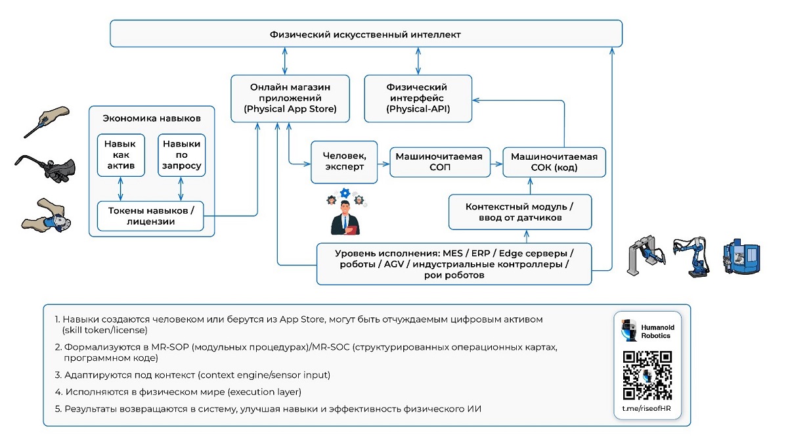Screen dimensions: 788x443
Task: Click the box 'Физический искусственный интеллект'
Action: pos(366,34)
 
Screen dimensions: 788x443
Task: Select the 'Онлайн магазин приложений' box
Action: pos(290,99)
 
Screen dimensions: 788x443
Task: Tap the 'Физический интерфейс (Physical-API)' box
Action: pos(418,99)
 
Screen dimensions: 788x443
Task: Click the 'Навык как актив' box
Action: pos(121,155)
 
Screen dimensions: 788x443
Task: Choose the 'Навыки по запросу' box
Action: pos(181,155)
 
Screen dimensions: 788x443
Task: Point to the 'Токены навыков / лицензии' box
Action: pos(150,216)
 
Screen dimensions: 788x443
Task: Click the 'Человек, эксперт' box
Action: pos(344,162)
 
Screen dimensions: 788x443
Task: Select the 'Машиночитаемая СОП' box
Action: pos(440,162)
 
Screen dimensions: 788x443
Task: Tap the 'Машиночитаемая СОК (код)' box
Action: pos(554,162)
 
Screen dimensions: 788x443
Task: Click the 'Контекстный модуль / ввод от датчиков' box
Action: pos(520,212)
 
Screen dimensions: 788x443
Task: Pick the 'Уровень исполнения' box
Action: pos(454,264)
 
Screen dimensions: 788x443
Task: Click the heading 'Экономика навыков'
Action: pos(152,118)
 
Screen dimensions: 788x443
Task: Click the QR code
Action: pos(647,375)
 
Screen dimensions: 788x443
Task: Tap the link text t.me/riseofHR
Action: pos(647,408)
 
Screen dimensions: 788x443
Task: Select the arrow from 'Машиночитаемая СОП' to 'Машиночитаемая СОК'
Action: pos(496,164)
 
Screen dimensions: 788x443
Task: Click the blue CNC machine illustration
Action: pos(741,256)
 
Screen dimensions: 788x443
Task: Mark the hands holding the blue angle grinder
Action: pos(46,216)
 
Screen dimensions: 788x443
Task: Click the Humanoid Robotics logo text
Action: pos(657,331)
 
